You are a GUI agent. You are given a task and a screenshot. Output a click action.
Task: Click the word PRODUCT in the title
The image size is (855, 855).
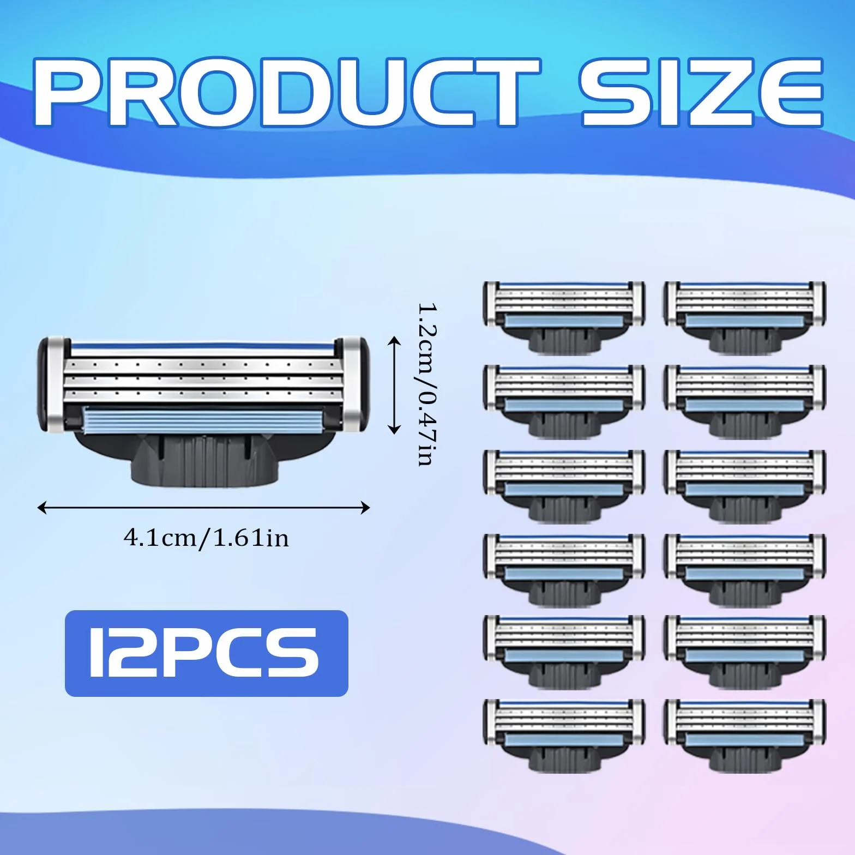pyautogui.click(x=287, y=93)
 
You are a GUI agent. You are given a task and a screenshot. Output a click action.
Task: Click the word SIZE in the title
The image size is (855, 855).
pyautogui.click(x=701, y=93)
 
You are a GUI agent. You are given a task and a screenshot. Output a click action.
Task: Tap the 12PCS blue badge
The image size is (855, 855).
pyautogui.click(x=206, y=653)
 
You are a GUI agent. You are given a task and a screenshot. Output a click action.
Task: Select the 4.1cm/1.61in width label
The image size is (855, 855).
pyautogui.click(x=206, y=538)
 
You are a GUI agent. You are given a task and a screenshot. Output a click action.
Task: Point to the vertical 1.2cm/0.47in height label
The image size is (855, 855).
pyautogui.click(x=427, y=384)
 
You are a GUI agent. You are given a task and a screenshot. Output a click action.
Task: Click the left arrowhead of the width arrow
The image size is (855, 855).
pyautogui.click(x=41, y=508)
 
